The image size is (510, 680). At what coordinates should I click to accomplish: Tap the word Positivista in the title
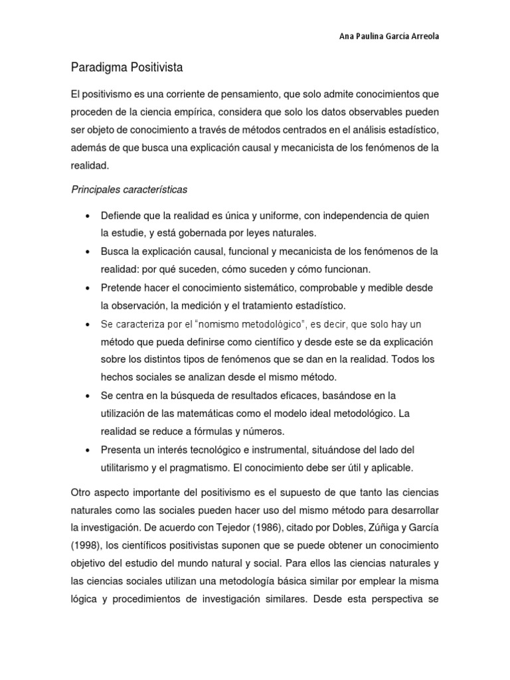click(x=154, y=68)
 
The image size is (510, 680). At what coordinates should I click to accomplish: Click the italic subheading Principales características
click(x=129, y=190)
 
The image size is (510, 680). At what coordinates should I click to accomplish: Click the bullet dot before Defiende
click(x=88, y=216)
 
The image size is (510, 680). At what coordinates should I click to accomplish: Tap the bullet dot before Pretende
click(x=88, y=289)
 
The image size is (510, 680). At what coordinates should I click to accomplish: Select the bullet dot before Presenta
click(x=88, y=450)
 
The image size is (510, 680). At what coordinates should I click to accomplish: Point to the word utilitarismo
click(x=127, y=467)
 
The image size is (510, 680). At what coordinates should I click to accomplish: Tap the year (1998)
click(x=86, y=546)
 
